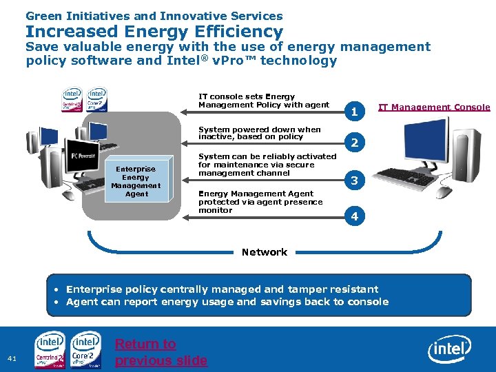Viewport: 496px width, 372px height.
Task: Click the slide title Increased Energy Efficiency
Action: [154, 32]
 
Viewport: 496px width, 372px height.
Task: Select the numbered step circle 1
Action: [354, 111]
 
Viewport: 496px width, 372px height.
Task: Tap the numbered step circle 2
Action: [354, 143]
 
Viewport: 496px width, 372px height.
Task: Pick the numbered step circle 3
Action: [354, 181]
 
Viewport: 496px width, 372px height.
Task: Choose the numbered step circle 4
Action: [354, 216]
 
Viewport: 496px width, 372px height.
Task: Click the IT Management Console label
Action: [434, 107]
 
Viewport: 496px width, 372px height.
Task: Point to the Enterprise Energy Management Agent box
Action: [136, 181]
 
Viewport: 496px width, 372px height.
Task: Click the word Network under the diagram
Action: [265, 252]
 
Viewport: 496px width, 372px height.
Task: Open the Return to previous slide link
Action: [161, 352]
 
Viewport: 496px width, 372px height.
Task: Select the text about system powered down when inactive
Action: [260, 133]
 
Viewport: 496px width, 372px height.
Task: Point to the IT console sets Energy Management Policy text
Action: [264, 101]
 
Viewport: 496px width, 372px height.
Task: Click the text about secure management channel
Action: [267, 165]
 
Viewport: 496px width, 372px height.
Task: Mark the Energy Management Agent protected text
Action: [260, 202]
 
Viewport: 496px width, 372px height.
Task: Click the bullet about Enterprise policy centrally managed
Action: [222, 289]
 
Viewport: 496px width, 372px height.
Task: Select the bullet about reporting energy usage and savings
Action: [227, 302]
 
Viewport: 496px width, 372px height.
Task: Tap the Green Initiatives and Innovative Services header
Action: [154, 15]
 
